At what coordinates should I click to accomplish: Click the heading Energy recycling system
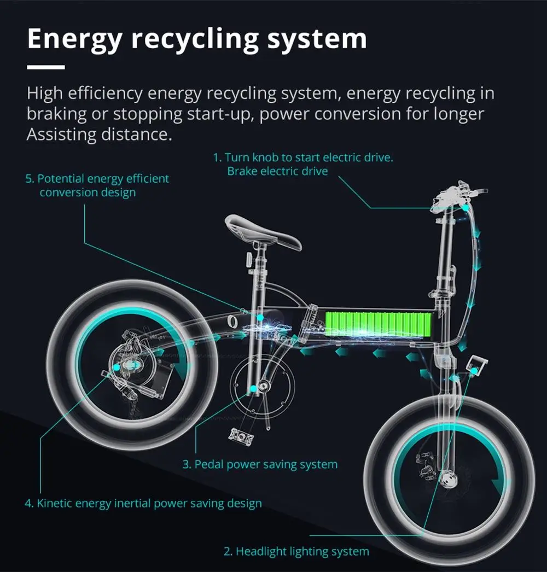coord(196,39)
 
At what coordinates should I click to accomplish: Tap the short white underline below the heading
coord(46,67)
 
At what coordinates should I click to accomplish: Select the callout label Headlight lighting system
coord(296,551)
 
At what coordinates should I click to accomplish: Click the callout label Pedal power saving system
coord(260,465)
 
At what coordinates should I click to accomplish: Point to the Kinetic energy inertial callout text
coord(143,503)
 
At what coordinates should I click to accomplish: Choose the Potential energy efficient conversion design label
coord(97,185)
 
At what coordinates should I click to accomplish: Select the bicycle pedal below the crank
coord(241,437)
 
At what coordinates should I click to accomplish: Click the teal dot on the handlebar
coord(465,208)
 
